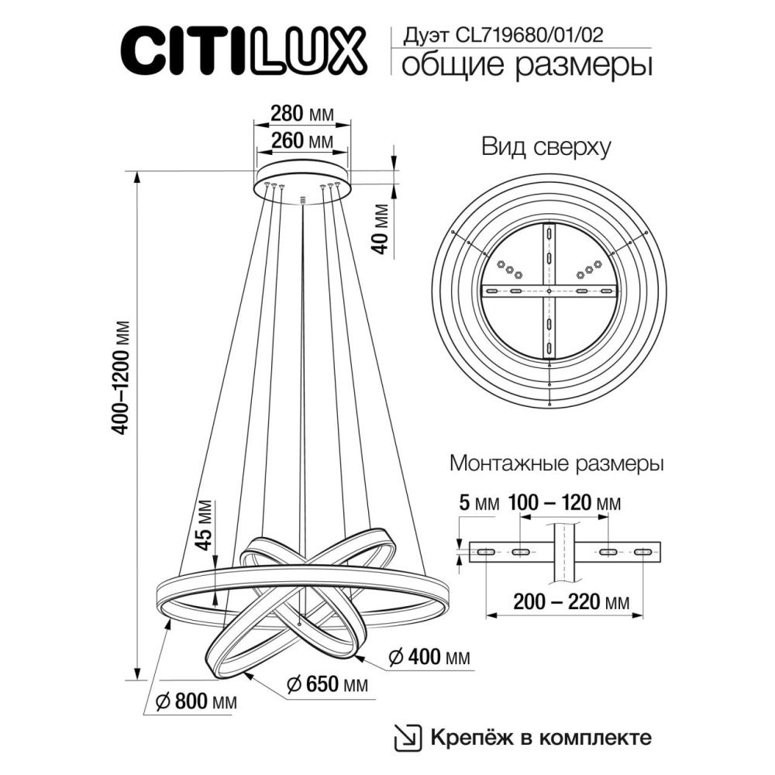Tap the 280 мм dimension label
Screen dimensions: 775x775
(302, 114)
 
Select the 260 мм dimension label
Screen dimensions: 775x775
(302, 141)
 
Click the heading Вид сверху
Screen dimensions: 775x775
(547, 146)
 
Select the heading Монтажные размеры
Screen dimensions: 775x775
(556, 465)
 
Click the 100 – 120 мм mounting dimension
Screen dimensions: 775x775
(564, 504)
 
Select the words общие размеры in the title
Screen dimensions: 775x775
(525, 65)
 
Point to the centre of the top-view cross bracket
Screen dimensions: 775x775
(549, 291)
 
